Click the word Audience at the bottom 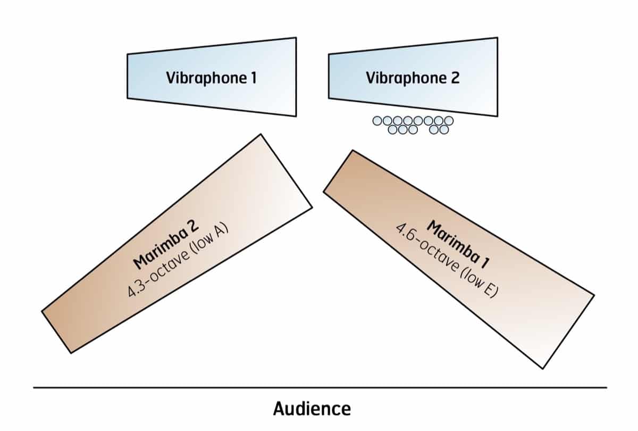coord(312,409)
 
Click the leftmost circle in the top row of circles coord(377,121)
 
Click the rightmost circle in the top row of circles coord(449,121)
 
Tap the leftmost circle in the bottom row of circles coord(394,129)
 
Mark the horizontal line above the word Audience coord(319,387)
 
